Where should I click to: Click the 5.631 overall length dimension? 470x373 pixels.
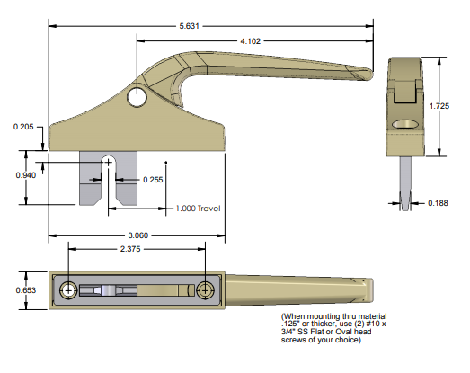[190, 26]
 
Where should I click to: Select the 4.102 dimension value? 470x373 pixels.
[253, 41]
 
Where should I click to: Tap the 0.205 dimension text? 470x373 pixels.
[24, 127]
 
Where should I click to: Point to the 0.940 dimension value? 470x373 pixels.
[24, 175]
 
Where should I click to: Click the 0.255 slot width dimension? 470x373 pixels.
[154, 180]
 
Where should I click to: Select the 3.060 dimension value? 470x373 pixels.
[136, 235]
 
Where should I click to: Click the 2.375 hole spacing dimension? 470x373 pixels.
[136, 250]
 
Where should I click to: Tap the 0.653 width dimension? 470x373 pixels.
[24, 289]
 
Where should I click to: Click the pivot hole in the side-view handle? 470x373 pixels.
[137, 96]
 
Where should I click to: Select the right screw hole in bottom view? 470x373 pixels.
[207, 289]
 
